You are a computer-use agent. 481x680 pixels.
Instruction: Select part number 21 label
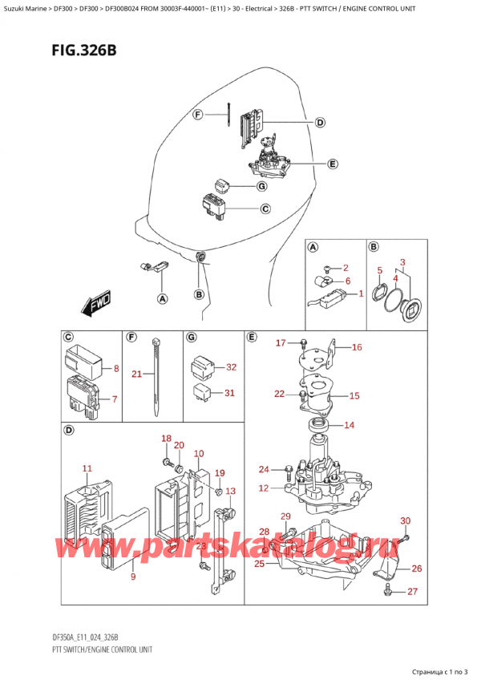[x=137, y=374]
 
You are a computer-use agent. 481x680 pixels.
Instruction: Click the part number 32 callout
[x=231, y=367]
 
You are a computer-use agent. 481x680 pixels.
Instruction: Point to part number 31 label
[x=231, y=392]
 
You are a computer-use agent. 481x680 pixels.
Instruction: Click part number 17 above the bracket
[x=281, y=343]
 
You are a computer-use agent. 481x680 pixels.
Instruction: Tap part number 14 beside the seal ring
[x=349, y=425]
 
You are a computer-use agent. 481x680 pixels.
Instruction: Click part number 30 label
[x=405, y=521]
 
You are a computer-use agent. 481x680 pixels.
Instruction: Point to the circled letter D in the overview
[x=320, y=123]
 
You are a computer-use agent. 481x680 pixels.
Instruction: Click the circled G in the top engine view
[x=261, y=187]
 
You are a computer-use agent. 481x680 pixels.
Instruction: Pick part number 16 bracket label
[x=356, y=347]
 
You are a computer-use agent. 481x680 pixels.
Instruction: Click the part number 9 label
[x=132, y=577]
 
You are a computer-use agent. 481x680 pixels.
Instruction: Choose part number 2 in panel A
[x=346, y=267]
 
